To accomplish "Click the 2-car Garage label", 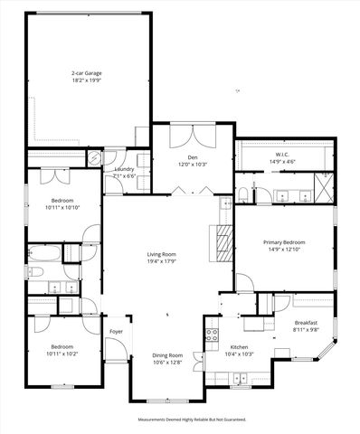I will click(87, 72).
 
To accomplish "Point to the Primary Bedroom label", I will click(284, 242).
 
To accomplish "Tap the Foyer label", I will click(116, 332).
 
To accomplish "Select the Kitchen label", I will click(240, 347).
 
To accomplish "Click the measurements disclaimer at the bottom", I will click(192, 420).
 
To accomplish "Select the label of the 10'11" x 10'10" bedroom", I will click(62, 201).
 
